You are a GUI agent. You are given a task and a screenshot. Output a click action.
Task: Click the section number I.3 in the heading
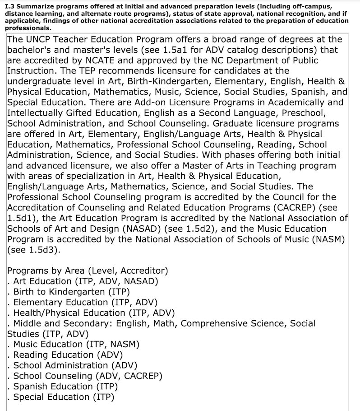coord(9,5)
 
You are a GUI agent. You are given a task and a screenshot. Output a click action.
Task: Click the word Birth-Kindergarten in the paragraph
coord(169,81)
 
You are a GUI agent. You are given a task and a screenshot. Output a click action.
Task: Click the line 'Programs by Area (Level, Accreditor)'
coord(88,271)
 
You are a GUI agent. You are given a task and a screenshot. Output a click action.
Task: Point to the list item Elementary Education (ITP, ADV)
coord(85,302)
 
